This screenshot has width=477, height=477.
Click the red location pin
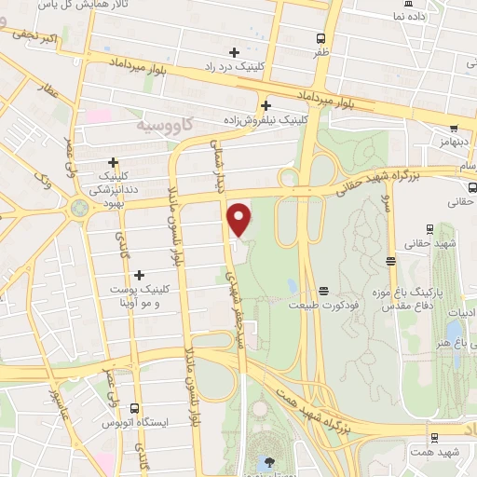tap(240, 219)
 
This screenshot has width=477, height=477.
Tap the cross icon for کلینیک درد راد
tap(234, 52)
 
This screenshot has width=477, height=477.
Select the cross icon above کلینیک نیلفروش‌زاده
tap(266, 105)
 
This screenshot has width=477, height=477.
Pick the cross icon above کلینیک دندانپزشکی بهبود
tap(114, 161)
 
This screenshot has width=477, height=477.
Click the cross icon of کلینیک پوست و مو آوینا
tap(139, 275)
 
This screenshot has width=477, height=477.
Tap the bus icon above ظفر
tap(320, 39)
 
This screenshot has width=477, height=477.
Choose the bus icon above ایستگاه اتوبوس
tap(136, 408)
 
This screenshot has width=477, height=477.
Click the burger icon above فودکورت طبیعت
tap(323, 291)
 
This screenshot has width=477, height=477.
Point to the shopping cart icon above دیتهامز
tap(454, 129)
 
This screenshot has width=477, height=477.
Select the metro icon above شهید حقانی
tap(429, 229)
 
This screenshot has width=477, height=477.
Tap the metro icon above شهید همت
tap(434, 437)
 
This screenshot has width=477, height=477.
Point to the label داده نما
tap(411, 16)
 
